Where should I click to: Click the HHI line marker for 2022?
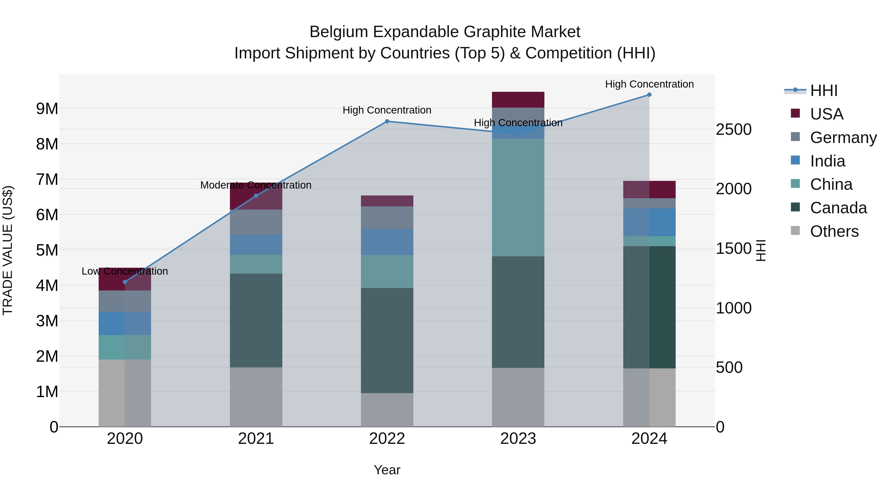coord(387,121)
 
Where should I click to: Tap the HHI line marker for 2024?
coord(649,95)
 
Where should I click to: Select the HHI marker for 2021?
coord(256,196)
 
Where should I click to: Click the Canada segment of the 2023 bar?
coord(518,312)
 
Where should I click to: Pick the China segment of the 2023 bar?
coord(518,197)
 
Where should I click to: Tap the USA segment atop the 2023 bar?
coord(518,99)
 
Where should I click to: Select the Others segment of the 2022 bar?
coord(387,410)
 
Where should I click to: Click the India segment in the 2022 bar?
coord(387,242)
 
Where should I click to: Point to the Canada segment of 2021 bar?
coord(256,320)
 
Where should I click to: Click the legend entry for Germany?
coord(843,138)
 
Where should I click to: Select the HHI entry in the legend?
coord(824,91)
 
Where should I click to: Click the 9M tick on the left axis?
coord(47,109)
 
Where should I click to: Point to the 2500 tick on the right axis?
coord(734,130)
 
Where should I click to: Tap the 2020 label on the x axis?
coord(125,439)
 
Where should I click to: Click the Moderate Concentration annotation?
coord(256,185)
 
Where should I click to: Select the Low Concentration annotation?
coord(125,271)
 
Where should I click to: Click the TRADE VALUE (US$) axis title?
coord(8,250)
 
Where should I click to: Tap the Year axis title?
coord(387,470)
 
